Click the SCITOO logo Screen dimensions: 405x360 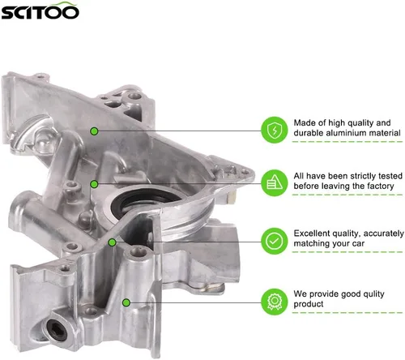[x=40, y=11]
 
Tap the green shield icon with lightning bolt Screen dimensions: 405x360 [x=275, y=130]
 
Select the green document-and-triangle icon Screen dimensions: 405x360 [x=275, y=183]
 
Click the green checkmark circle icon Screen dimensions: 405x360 [x=275, y=241]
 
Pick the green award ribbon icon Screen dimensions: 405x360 [x=275, y=302]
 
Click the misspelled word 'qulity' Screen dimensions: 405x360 [x=373, y=294]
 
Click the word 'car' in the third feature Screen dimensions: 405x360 [x=358, y=244]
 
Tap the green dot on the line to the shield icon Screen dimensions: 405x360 [x=94, y=131]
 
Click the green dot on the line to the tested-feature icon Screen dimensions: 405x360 [x=94, y=184]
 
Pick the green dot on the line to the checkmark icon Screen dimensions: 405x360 [x=112, y=242]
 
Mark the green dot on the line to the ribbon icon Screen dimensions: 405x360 [x=126, y=302]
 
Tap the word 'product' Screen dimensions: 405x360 [x=309, y=305]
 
